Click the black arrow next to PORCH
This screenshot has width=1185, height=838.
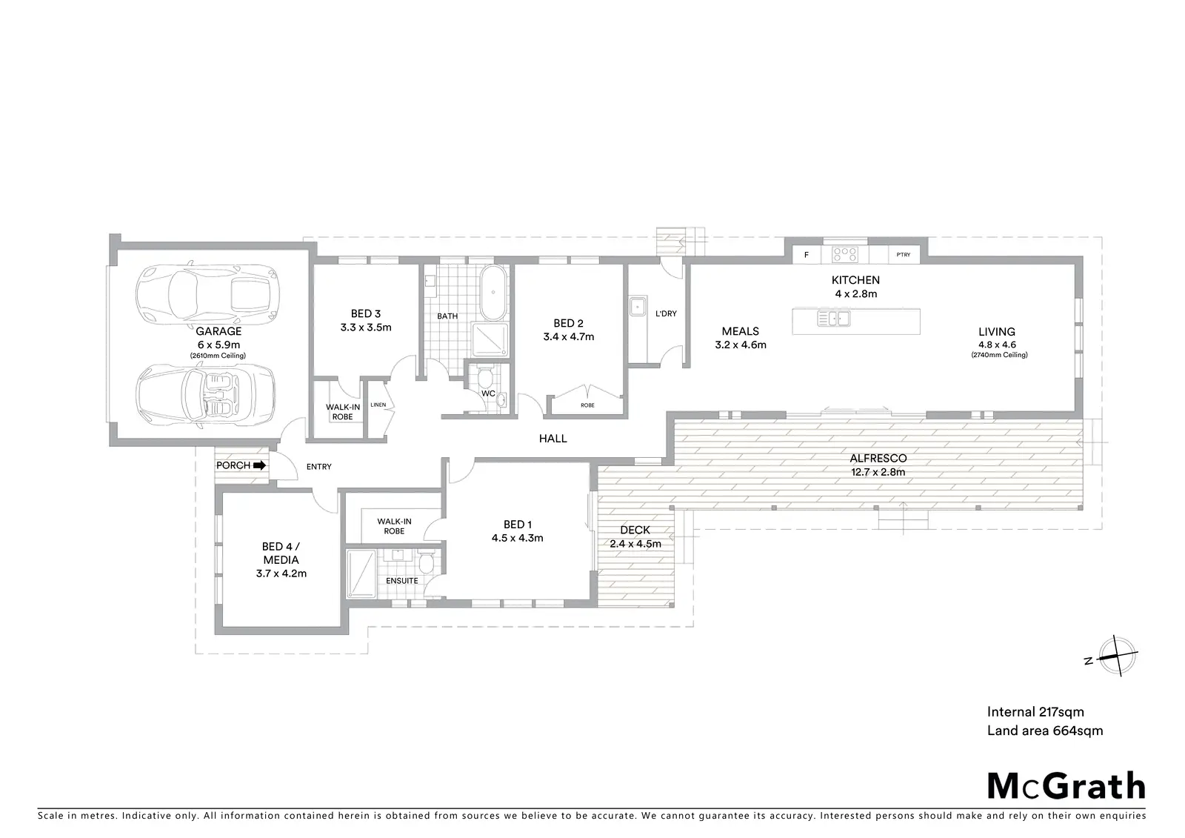tap(259, 466)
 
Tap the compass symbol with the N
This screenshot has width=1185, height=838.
tap(1114, 656)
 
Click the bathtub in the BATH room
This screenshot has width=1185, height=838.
tap(493, 293)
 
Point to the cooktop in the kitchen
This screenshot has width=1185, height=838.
tap(845, 255)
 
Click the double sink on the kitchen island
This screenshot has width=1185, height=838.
tap(834, 318)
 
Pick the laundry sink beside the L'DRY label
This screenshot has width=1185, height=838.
tap(638, 307)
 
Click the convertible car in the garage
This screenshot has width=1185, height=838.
tap(206, 396)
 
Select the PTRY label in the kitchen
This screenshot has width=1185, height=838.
tap(904, 255)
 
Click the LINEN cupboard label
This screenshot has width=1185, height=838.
tap(378, 405)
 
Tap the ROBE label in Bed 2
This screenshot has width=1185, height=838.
tap(587, 405)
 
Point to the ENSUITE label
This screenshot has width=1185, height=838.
tap(402, 581)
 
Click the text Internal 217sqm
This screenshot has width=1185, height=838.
tap(1035, 712)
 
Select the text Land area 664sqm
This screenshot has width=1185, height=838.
tap(1045, 731)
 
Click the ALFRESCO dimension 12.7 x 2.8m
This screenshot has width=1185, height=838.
tap(878, 472)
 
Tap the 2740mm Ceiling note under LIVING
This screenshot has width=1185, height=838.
tap(999, 355)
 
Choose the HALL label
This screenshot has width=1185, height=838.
tap(553, 439)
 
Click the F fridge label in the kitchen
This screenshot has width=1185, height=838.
tap(807, 255)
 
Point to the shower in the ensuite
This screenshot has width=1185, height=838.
tap(361, 574)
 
